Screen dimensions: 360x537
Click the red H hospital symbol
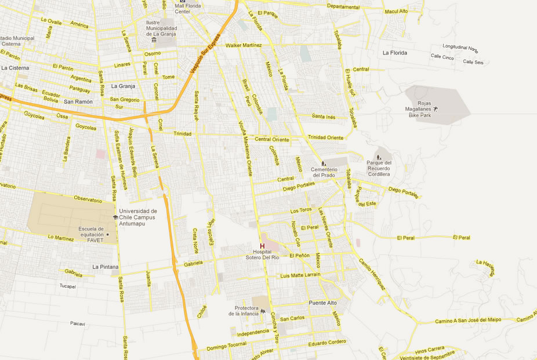[x=262, y=246]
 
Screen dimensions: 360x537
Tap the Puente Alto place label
[x=323, y=303]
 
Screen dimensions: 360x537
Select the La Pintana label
[x=106, y=267]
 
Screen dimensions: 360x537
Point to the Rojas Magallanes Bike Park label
[x=420, y=109]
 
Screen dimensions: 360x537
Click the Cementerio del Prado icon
[x=324, y=163]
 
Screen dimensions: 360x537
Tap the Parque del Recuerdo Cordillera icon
[x=379, y=156]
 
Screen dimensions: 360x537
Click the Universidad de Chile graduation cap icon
[x=115, y=217]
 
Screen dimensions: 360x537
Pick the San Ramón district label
[x=78, y=101]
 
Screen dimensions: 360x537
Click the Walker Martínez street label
[x=244, y=45]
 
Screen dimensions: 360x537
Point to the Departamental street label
[x=343, y=7]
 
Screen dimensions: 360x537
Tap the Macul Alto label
[x=396, y=11]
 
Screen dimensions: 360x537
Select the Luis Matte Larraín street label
[x=300, y=275]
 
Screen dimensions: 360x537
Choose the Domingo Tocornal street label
[x=227, y=346]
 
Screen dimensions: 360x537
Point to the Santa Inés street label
[x=324, y=117]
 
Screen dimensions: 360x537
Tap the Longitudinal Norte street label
[x=460, y=48]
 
